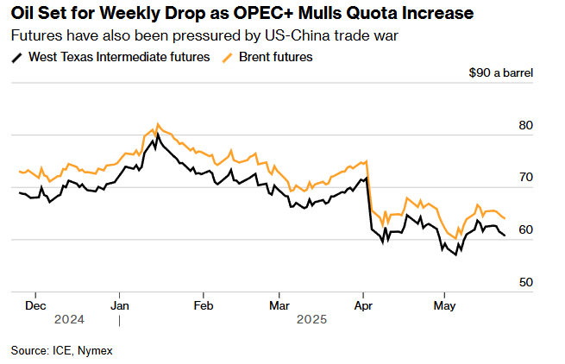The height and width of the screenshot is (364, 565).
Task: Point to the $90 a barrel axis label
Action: (501, 72)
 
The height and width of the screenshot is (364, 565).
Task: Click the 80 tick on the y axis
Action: (525, 126)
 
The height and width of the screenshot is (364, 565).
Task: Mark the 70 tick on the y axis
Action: (525, 178)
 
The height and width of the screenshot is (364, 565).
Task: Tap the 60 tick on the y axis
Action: (525, 230)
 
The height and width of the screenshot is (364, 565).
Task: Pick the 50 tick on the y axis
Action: (525, 282)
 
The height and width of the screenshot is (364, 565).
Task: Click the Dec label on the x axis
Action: (35, 305)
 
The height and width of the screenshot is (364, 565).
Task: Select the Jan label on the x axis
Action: (120, 305)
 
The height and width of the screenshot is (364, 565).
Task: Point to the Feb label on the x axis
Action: (203, 305)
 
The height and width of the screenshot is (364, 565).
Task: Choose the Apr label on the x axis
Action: (363, 305)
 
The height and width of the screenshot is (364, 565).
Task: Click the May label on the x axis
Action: (444, 305)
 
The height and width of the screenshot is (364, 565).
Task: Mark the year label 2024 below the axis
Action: (68, 319)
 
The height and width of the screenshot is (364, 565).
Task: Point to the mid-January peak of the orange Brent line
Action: (157, 124)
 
